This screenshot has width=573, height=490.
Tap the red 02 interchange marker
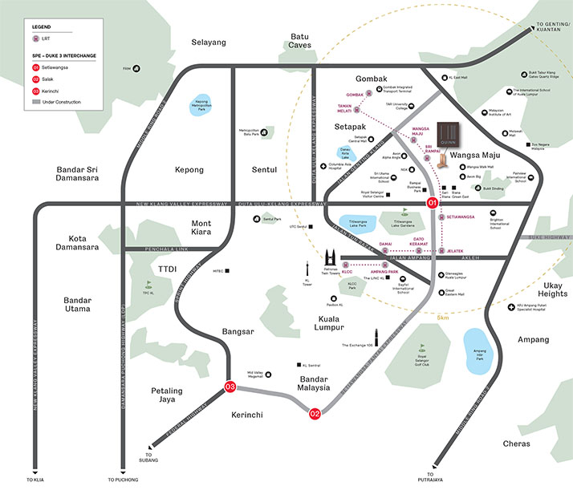point(315,414)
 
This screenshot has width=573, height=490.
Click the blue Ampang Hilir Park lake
point(480,346)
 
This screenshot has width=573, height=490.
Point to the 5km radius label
point(442,318)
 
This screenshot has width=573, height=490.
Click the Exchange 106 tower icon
point(374,337)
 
